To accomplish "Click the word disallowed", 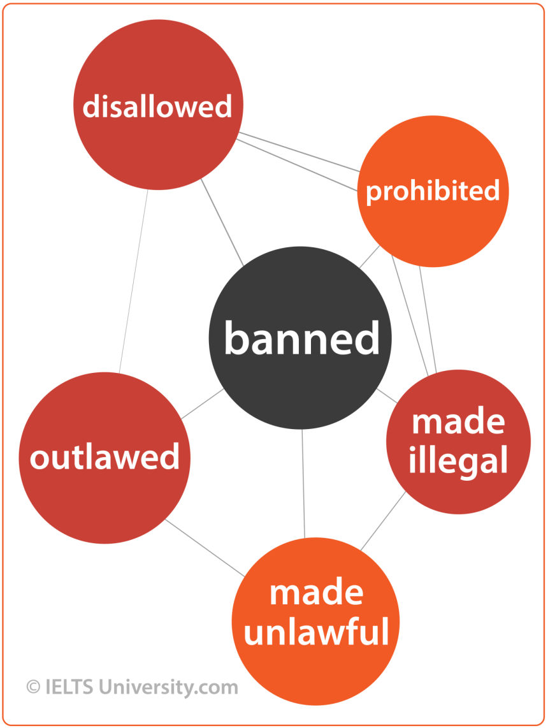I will [x=157, y=106].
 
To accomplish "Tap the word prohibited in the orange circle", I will [x=433, y=191].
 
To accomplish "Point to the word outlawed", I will [x=105, y=458].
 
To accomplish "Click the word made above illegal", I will [x=458, y=421].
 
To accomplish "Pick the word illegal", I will [x=458, y=460].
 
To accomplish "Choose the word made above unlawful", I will [x=316, y=593].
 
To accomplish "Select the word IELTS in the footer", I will [x=68, y=687].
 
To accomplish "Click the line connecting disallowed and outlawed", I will [x=133, y=280].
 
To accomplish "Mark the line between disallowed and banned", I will [x=222, y=221].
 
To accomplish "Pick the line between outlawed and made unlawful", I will [x=205, y=548].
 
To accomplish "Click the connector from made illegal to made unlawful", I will [x=383, y=521].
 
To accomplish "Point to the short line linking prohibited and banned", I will [x=369, y=258].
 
